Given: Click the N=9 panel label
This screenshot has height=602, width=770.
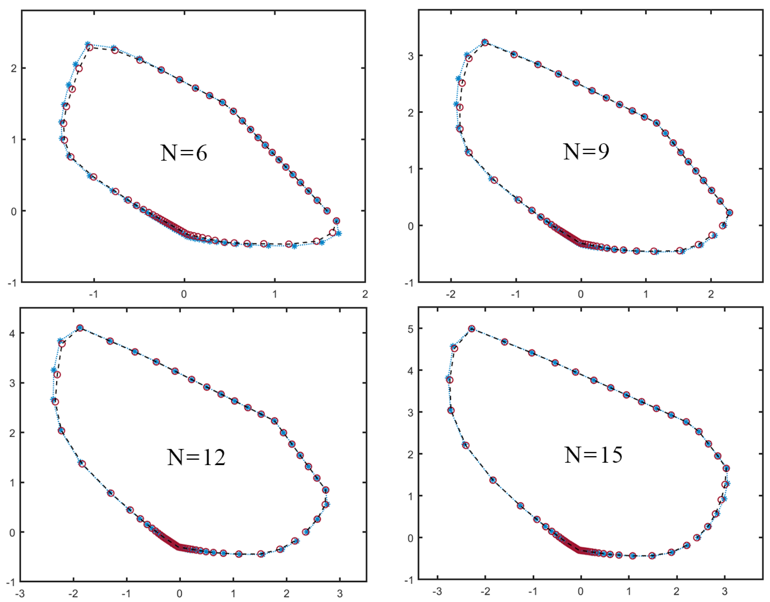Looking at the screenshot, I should pos(586,152).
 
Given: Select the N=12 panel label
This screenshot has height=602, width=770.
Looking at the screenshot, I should pos(196,457).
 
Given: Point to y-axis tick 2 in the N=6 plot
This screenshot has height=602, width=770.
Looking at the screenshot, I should pos(14,68).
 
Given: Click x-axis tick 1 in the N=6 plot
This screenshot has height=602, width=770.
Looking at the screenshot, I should pos(275,294).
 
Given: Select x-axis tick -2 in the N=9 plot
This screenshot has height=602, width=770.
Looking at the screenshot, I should pos(451,294).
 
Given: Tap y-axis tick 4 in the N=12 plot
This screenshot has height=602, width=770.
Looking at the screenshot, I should pos(12,333).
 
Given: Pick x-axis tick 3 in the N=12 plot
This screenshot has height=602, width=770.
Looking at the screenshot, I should pos(340,594).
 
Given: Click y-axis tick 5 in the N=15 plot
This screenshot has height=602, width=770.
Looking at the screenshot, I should pos(410,329).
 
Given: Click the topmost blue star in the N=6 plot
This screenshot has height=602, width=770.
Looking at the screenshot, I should pos(87,44).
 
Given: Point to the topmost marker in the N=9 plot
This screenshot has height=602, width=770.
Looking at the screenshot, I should pos(485,42).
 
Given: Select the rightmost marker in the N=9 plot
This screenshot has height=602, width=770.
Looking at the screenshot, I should pos(729,213).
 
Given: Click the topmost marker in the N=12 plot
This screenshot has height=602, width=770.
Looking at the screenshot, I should pos(80,328).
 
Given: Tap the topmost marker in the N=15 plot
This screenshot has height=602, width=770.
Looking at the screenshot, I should pos(472,329).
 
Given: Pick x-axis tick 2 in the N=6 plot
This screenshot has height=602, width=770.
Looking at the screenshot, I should pos(365,294).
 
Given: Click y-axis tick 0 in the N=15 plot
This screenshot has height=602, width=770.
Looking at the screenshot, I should pos(410,539).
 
